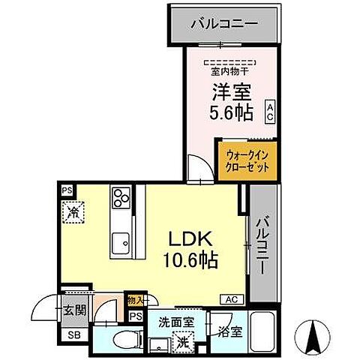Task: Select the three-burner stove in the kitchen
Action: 121,198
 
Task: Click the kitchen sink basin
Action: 120,244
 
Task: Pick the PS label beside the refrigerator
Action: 67,190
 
